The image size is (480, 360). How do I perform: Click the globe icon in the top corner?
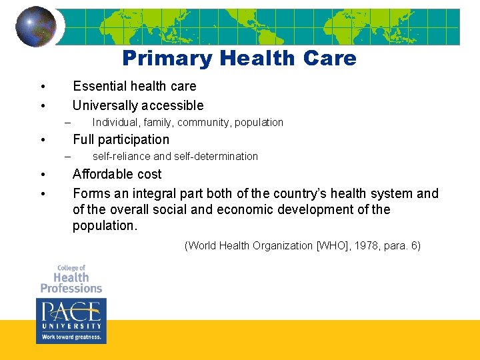36,27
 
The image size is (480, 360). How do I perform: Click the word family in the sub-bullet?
158,123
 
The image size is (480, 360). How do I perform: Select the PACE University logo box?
71,320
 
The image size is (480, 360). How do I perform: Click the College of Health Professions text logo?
71,279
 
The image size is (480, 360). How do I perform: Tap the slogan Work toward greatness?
71,337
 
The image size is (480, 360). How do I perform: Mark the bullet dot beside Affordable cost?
42,175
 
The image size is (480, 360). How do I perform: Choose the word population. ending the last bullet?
105,225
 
